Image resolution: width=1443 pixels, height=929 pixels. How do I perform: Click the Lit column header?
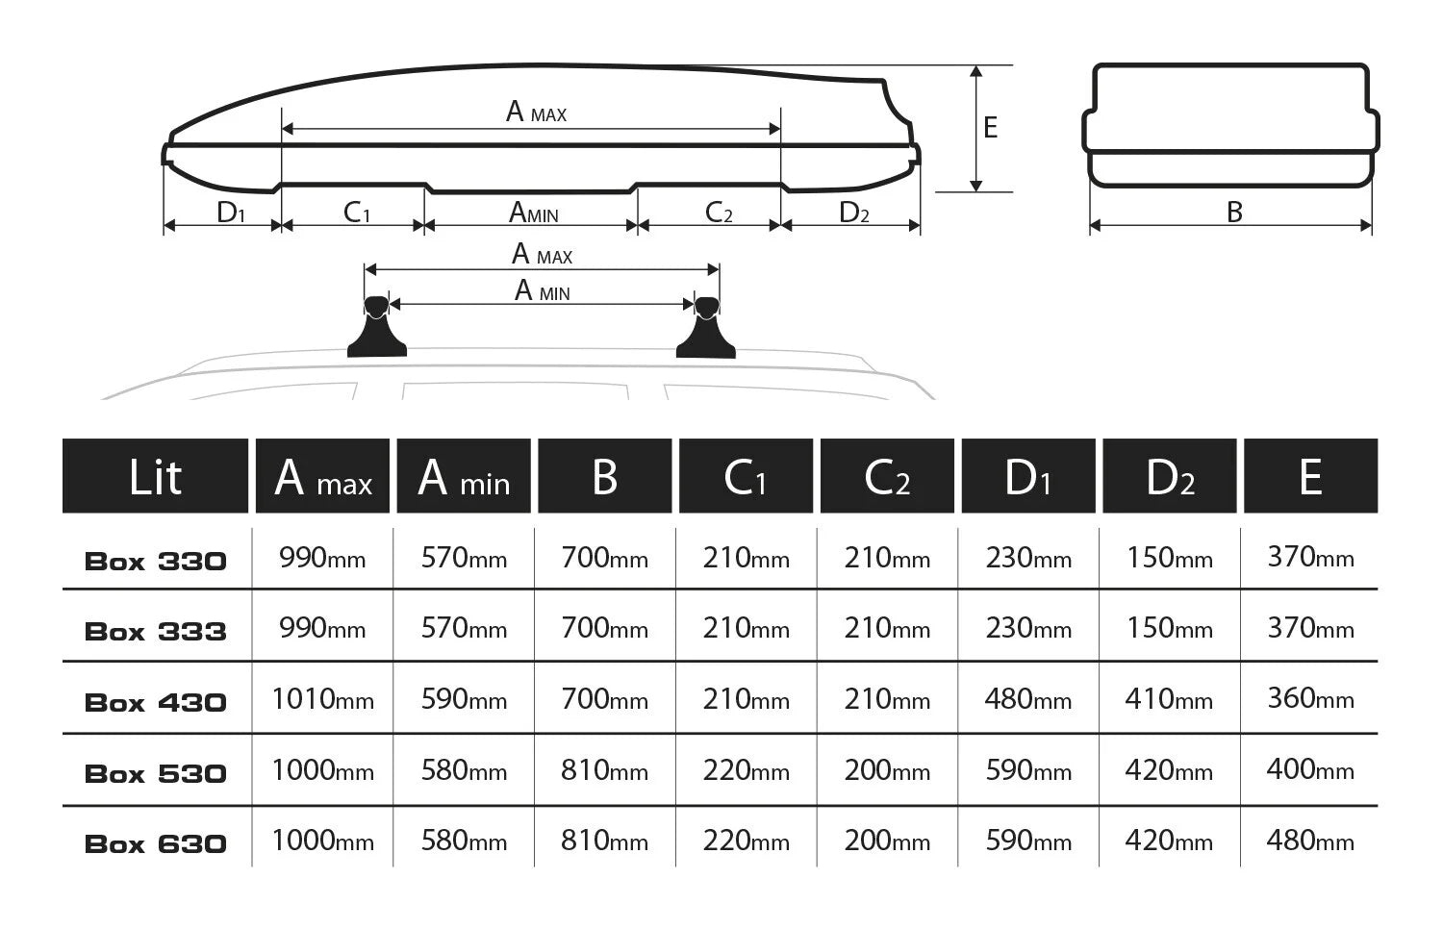(x=155, y=476)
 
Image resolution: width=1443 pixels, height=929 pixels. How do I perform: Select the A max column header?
(x=322, y=476)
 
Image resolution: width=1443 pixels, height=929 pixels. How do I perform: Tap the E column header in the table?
(x=1310, y=476)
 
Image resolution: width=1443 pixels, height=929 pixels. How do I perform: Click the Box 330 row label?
(x=156, y=561)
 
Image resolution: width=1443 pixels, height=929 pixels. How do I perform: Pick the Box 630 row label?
(x=156, y=843)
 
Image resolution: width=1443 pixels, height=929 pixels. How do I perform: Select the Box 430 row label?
(x=156, y=702)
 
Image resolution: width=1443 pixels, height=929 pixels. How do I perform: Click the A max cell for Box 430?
(x=322, y=699)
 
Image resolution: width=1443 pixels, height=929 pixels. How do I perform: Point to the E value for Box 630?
(x=1310, y=841)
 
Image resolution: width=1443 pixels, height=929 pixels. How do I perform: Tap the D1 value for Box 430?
(x=1027, y=699)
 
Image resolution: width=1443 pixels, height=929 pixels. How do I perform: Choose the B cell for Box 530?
(x=604, y=770)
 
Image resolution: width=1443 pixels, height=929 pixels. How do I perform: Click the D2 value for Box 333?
(x=1169, y=629)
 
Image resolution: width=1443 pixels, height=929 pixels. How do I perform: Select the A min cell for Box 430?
(x=464, y=699)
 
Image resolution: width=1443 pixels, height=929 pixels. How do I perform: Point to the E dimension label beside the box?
(x=991, y=127)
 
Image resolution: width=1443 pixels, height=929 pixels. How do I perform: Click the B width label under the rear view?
(x=1234, y=212)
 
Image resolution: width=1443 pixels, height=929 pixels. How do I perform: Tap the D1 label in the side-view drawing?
(x=231, y=212)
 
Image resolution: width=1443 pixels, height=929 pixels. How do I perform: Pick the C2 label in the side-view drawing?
(x=719, y=212)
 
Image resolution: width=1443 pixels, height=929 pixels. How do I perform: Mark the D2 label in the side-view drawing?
(x=854, y=212)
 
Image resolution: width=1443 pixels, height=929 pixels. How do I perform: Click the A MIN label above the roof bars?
(x=543, y=290)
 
